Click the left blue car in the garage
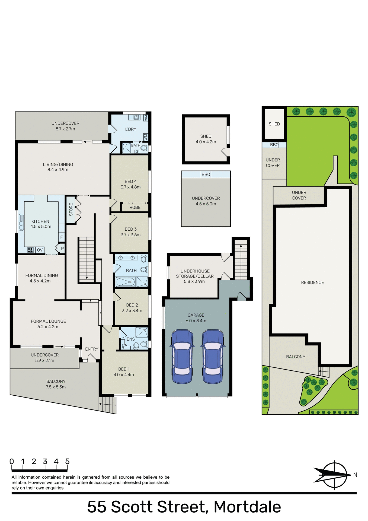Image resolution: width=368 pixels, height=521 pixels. (182, 356)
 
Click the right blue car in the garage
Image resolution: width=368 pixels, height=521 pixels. (213, 356)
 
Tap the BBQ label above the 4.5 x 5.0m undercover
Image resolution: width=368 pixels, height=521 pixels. (206, 174)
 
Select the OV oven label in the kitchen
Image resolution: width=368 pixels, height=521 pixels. (40, 250)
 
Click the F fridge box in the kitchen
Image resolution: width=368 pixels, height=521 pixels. (62, 237)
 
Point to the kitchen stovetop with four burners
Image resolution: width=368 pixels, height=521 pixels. (30, 250)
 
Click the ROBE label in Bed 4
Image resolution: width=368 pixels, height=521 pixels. (135, 207)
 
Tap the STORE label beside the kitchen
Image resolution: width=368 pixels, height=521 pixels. (71, 209)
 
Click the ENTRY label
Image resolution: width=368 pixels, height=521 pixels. (92, 349)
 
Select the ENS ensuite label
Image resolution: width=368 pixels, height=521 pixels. (130, 339)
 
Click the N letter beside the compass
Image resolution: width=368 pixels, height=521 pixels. (355, 475)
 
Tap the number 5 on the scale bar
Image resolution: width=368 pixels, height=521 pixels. (67, 461)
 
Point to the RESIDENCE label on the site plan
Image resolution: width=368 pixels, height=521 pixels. (312, 282)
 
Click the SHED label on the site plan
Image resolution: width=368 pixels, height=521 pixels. (274, 124)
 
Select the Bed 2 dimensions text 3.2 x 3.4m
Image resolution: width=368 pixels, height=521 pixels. (132, 311)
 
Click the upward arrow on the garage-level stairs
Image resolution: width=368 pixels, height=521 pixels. (241, 246)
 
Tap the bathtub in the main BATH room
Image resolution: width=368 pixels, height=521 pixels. (125, 282)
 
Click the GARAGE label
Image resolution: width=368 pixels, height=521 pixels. (196, 315)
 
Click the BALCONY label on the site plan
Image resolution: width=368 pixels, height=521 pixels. (296, 357)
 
